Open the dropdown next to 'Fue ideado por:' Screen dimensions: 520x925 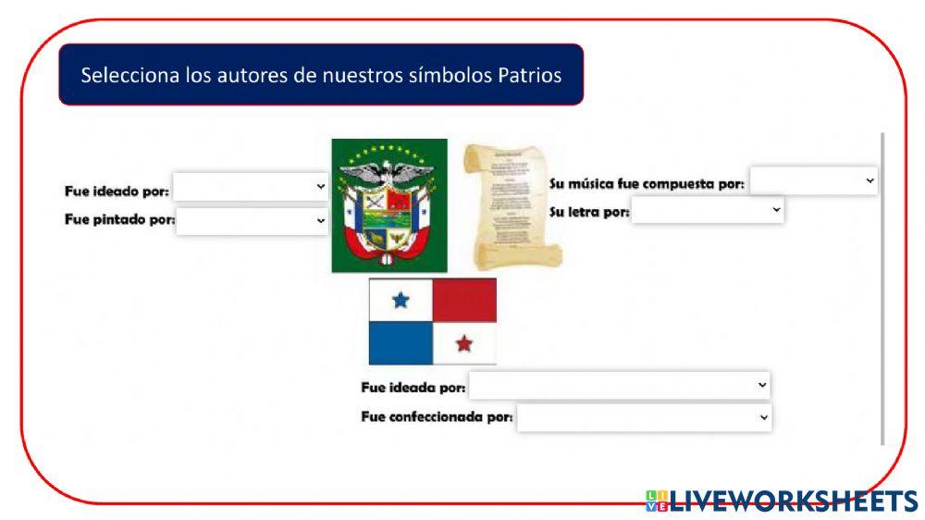[251, 187]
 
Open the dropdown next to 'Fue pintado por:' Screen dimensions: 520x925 [252, 221]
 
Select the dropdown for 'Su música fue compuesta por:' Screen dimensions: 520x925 [813, 180]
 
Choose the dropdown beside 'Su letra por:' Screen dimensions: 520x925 [707, 211]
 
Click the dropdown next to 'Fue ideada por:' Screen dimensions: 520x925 [619, 385]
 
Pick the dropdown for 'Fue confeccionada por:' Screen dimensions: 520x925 [644, 417]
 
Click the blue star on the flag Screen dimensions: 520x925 [401, 300]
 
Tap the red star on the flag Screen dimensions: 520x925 [464, 344]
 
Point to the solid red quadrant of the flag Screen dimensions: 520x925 [464, 300]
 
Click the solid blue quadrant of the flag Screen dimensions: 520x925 [401, 343]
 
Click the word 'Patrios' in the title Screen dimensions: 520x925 [530, 76]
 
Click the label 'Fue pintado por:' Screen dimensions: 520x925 [119, 221]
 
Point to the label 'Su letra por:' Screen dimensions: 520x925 [589, 212]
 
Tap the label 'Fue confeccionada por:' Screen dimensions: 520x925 [437, 417]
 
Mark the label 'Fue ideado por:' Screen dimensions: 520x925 [117, 192]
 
